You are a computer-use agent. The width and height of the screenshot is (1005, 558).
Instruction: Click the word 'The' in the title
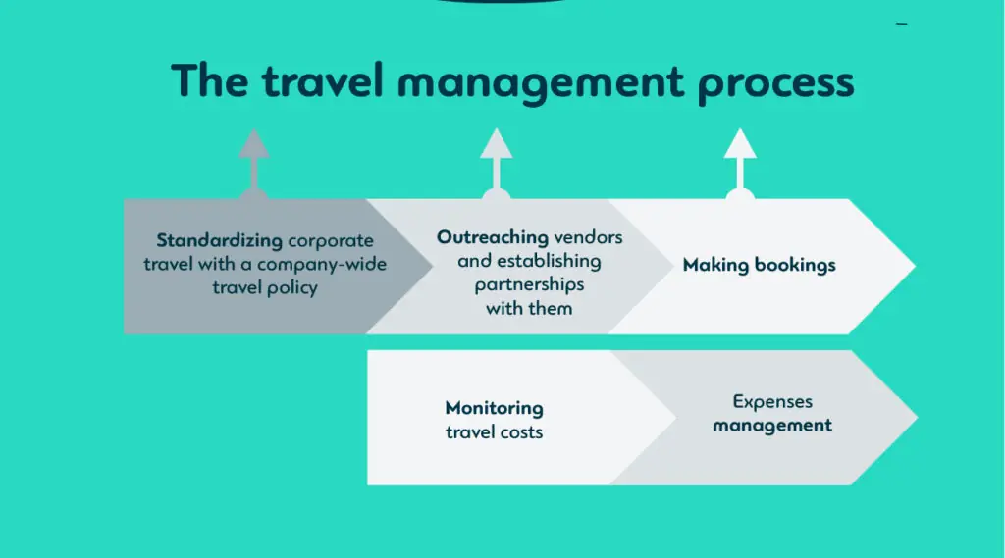[x=208, y=80]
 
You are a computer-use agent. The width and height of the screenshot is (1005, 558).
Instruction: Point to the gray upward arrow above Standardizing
[x=254, y=161]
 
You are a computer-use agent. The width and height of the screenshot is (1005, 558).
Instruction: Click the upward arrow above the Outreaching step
[x=496, y=161]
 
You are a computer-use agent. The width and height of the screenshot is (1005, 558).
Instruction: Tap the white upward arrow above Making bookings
[x=740, y=161]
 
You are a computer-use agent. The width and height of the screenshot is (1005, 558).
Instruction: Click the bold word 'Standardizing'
[x=219, y=240]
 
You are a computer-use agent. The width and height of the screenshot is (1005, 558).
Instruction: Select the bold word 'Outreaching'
[x=493, y=237]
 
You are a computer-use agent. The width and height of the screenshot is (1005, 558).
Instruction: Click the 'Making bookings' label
[x=759, y=265]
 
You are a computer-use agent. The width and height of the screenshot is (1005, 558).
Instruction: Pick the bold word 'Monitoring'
[x=494, y=408]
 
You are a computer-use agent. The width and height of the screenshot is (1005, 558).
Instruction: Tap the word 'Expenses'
[x=772, y=401]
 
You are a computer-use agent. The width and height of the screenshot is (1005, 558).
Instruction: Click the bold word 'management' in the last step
[x=772, y=426]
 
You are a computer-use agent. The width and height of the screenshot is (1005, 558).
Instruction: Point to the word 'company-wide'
[x=322, y=265]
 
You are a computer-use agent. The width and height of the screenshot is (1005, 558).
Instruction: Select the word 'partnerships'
[x=529, y=284]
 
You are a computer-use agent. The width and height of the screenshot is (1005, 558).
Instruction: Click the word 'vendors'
[x=588, y=237]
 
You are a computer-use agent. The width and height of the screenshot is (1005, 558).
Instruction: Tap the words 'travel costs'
[x=494, y=431]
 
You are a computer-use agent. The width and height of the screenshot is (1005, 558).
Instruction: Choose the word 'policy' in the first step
[x=291, y=289]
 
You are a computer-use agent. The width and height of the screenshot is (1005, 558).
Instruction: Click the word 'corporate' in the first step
[x=331, y=240]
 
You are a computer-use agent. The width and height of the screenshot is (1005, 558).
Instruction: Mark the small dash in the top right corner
[x=902, y=24]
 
